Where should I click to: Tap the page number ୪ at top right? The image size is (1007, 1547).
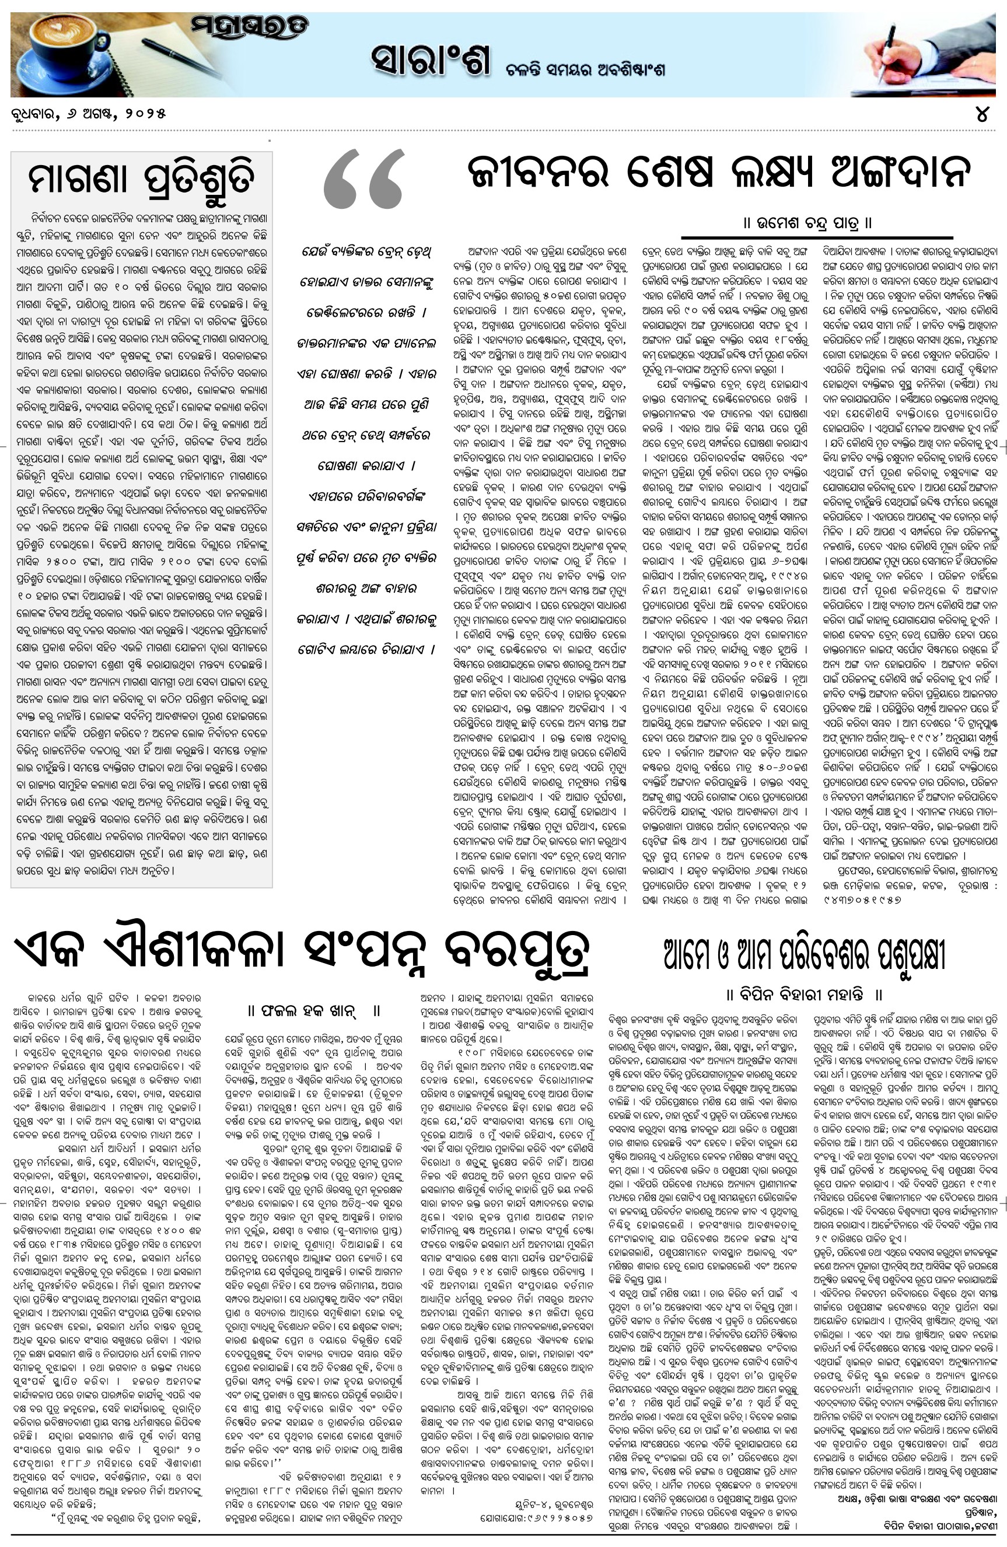coord(982,114)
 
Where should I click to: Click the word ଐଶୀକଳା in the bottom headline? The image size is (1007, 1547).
coord(198,951)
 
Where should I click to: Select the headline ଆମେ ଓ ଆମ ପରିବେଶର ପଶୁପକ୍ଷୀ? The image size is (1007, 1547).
coord(804,955)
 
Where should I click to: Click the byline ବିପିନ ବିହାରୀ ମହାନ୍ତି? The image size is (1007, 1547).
coord(803,995)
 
